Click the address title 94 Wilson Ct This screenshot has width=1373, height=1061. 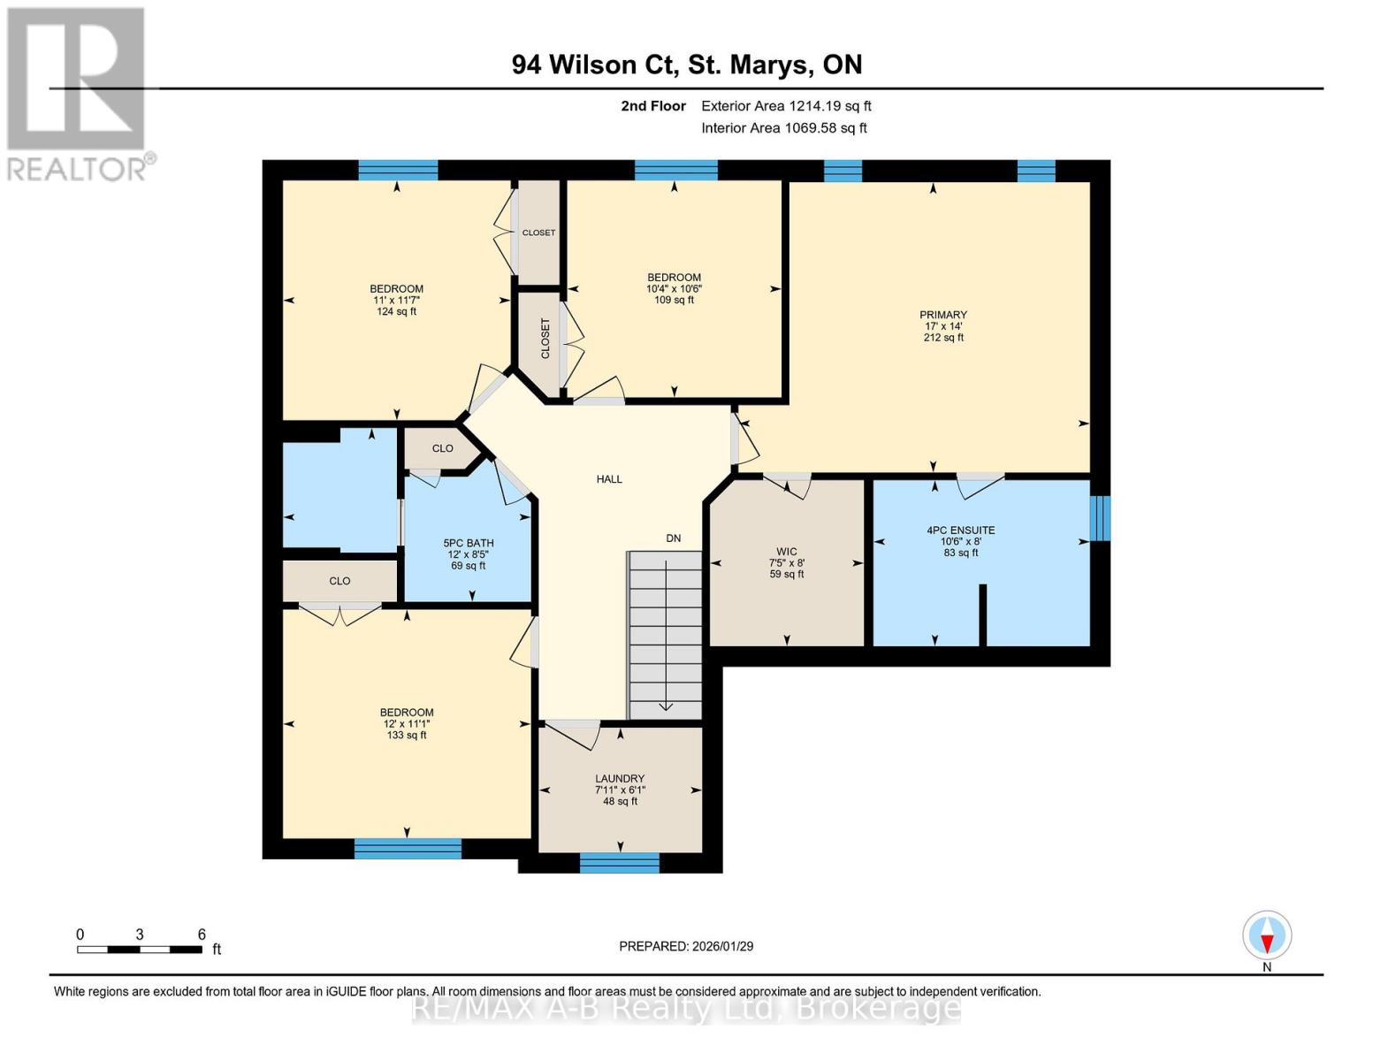tap(686, 65)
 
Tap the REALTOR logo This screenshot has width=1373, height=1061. tap(77, 93)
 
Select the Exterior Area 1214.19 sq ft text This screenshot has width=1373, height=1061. tap(786, 106)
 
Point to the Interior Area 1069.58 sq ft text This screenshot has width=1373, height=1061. tap(783, 128)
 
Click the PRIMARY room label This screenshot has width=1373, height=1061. tap(943, 315)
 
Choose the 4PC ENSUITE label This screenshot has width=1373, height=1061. tap(960, 530)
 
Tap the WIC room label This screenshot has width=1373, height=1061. tap(786, 552)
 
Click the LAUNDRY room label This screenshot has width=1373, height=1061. tap(619, 779)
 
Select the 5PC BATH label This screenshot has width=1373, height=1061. tap(468, 544)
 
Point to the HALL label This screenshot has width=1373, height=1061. tap(609, 479)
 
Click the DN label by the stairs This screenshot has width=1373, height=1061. tap(674, 538)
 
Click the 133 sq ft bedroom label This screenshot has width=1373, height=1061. tap(407, 723)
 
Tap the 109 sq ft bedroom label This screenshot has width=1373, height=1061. tap(674, 288)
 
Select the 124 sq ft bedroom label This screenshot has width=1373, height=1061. tap(396, 300)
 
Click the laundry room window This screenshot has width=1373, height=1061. tap(619, 863)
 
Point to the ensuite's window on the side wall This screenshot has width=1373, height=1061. tap(1099, 518)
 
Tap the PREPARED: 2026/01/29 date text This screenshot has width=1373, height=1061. tap(686, 946)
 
